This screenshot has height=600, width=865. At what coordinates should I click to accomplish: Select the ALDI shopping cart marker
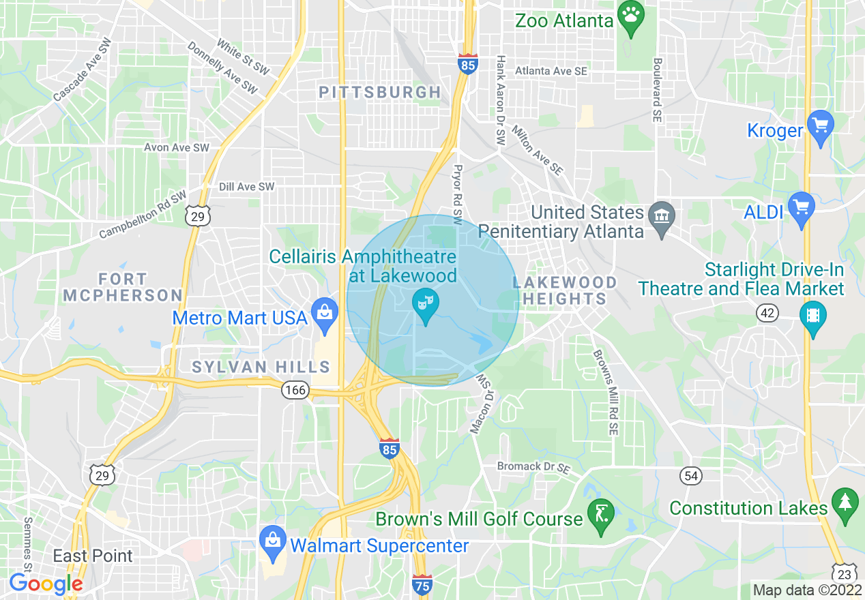click(801, 207)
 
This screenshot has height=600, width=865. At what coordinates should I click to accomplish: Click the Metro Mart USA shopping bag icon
click(325, 314)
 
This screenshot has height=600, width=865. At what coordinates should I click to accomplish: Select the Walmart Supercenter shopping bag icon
click(273, 542)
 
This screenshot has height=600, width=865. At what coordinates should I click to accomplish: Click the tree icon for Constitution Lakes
click(845, 504)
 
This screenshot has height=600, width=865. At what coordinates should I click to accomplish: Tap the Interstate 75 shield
click(422, 584)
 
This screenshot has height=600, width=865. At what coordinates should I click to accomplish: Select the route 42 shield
click(767, 313)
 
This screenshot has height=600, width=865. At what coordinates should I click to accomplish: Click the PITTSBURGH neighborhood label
click(380, 92)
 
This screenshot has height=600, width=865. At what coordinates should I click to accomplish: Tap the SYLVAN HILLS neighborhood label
click(261, 367)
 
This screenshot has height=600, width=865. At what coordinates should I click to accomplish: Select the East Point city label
click(93, 556)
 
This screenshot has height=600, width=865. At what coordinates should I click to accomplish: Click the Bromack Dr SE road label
click(533, 468)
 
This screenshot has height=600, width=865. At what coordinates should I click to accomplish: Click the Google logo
click(46, 583)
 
